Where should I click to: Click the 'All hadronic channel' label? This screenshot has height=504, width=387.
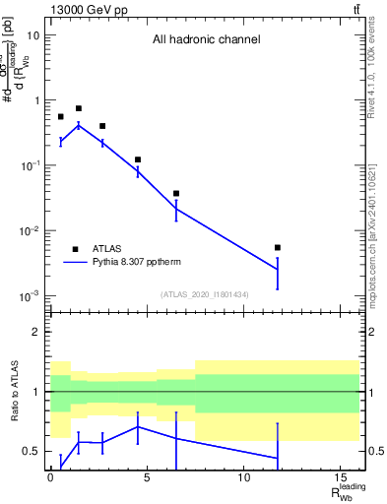(206, 40)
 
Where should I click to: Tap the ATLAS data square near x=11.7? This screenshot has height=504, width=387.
(278, 247)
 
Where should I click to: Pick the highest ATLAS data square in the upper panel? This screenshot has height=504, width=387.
(79, 108)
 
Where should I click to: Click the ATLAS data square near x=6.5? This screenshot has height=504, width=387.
(176, 194)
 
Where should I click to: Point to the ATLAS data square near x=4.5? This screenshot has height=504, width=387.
(138, 159)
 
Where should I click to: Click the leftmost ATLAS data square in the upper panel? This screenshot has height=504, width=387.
(60, 116)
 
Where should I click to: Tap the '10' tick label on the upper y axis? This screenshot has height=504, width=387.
(32, 35)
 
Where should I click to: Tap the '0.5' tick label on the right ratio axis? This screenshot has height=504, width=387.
(374, 451)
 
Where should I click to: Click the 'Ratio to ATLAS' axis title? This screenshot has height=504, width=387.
(16, 391)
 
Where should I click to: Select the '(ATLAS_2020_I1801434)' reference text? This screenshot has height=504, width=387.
(204, 294)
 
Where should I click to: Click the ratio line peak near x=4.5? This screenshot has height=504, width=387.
(138, 426)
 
